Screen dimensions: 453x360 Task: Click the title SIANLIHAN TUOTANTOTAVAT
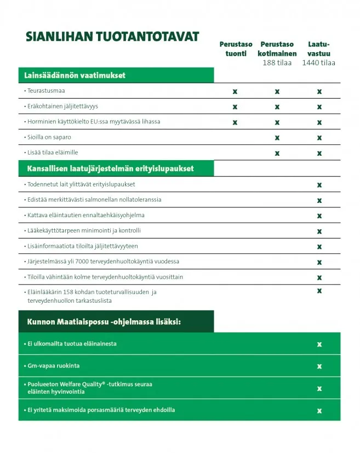point(112,37)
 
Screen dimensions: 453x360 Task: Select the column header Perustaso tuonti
point(236,49)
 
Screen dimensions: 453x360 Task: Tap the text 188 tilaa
point(277,63)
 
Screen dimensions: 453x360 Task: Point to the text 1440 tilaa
point(318,63)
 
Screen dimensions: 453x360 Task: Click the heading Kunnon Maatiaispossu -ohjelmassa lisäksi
point(104,322)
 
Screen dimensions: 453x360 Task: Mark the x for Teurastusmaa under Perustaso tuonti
point(235,91)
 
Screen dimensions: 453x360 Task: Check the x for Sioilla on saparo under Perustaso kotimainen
point(277,137)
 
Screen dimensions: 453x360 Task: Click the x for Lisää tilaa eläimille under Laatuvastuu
point(319,153)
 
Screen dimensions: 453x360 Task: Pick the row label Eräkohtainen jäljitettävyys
point(63,106)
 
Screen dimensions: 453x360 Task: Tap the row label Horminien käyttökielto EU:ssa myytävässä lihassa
point(94,121)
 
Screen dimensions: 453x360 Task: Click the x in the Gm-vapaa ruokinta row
point(319,366)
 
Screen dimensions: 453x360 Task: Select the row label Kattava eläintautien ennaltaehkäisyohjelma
point(86,215)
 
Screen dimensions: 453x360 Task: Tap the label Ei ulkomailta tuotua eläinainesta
point(72,344)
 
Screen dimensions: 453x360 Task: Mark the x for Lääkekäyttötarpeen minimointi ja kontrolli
point(319,231)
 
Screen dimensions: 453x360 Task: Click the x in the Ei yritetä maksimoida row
point(319,410)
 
